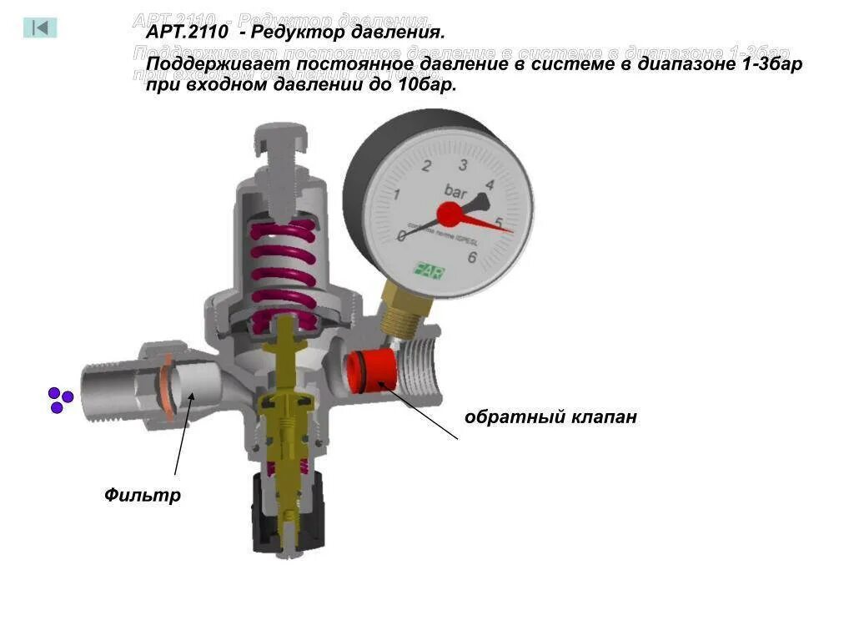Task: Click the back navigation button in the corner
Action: click(x=40, y=28)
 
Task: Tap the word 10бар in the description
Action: click(x=427, y=85)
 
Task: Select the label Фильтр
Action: click(x=143, y=495)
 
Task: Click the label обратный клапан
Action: click(x=550, y=416)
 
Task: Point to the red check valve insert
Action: click(x=367, y=371)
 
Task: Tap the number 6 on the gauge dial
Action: click(x=472, y=257)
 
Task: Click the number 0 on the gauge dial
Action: click(x=402, y=235)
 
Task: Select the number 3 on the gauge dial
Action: click(x=462, y=164)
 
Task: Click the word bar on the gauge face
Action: click(x=455, y=190)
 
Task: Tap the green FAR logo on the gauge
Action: click(x=430, y=271)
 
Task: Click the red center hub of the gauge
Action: click(x=449, y=215)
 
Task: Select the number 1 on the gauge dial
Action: click(x=397, y=195)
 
